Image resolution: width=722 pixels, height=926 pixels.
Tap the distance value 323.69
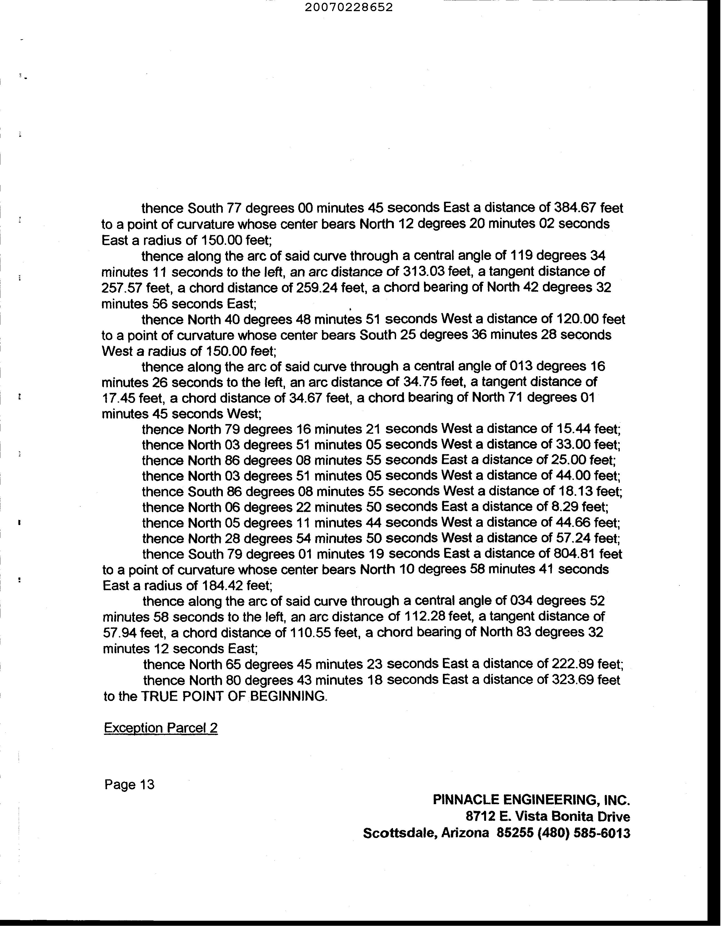click(572, 680)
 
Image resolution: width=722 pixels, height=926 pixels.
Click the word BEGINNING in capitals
click(289, 696)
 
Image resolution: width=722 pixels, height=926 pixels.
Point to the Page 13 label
click(130, 785)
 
